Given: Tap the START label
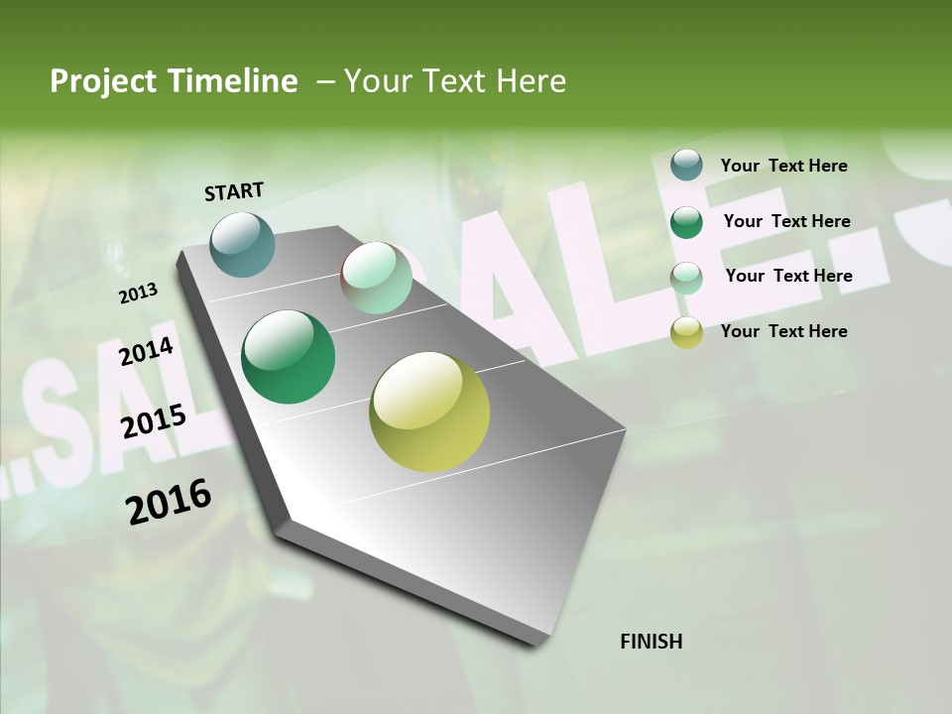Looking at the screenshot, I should pyautogui.click(x=234, y=191).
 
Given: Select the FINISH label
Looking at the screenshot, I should pyautogui.click(x=651, y=642).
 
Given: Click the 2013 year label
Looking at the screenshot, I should pyautogui.click(x=138, y=294).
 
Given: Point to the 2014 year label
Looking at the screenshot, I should pyautogui.click(x=146, y=351).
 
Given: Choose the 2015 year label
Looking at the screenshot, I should pyautogui.click(x=153, y=421).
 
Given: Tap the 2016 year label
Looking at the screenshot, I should pyautogui.click(x=169, y=502).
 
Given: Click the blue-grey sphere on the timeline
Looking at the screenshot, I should pyautogui.click(x=242, y=244).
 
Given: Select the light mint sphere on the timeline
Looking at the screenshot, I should pyautogui.click(x=376, y=278).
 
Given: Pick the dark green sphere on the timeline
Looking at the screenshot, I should pyautogui.click(x=288, y=357).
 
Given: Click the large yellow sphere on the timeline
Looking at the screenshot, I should pyautogui.click(x=429, y=412).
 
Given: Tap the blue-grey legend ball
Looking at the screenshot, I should pyautogui.click(x=686, y=166).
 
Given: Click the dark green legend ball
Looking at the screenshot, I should pyautogui.click(x=686, y=222).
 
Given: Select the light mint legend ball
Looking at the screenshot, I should pyautogui.click(x=686, y=278).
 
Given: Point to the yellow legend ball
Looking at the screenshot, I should pyautogui.click(x=686, y=333).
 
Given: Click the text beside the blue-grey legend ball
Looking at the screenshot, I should pyautogui.click(x=783, y=166).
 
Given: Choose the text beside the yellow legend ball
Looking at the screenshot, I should pyautogui.click(x=783, y=331).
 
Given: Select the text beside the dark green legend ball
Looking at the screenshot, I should pyautogui.click(x=786, y=221).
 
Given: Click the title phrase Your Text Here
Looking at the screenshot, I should pyautogui.click(x=455, y=81).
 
